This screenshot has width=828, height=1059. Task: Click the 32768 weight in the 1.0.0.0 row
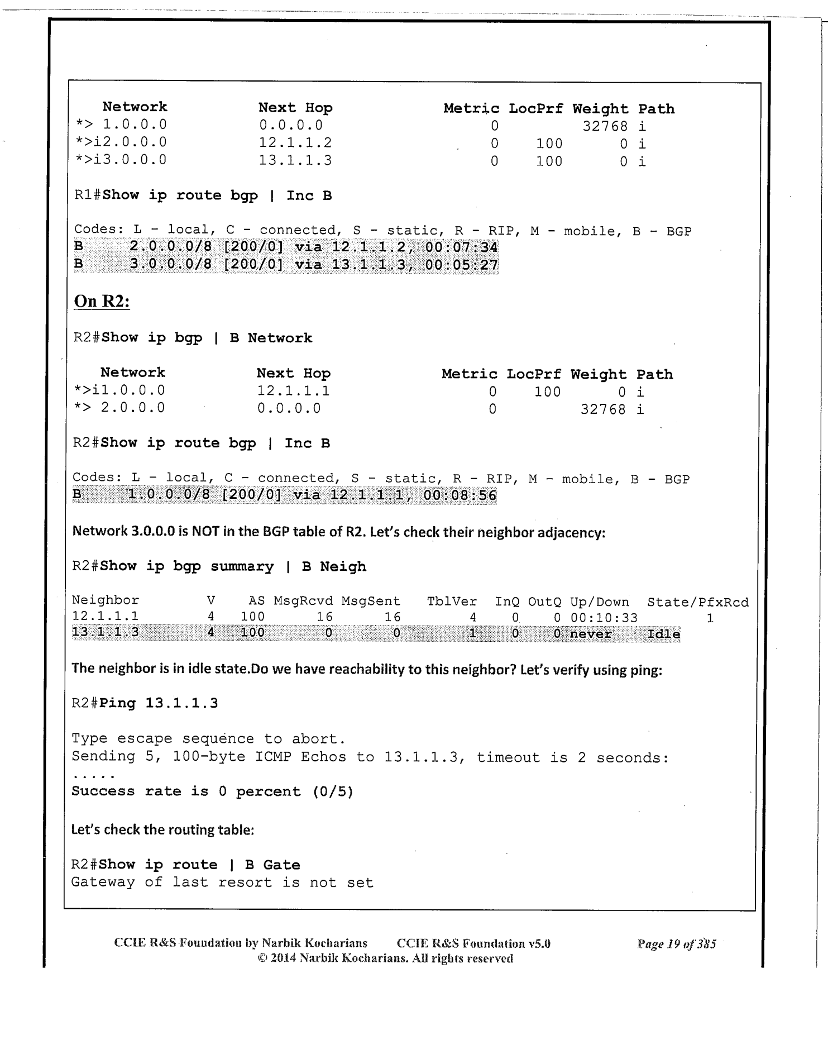tap(605, 126)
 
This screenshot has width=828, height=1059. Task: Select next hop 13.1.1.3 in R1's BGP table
tap(295, 161)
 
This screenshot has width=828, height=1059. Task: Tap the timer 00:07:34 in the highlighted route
tap(461, 247)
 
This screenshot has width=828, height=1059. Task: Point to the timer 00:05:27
tap(461, 265)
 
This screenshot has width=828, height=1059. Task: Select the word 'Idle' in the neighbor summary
tap(663, 635)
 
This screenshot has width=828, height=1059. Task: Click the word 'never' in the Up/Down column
tap(591, 635)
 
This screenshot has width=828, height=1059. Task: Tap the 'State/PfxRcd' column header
tap(697, 602)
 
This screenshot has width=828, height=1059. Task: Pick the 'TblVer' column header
tap(452, 602)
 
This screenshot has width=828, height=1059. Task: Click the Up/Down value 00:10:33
tap(604, 618)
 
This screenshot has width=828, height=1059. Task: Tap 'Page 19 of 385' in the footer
tap(676, 944)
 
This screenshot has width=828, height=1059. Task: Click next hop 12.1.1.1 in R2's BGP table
tap(293, 391)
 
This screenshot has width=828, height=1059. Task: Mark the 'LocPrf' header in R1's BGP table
tap(535, 108)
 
